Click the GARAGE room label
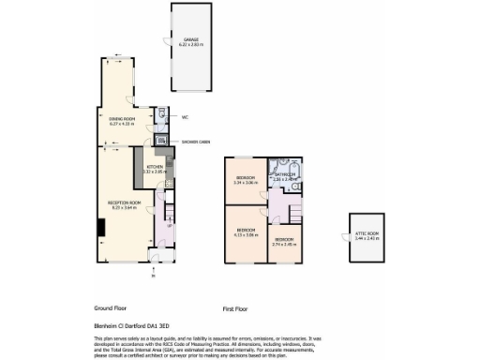[x=190, y=39]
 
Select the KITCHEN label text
[x=141, y=168]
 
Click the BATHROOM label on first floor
[x=284, y=173]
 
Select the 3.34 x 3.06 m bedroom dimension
[x=245, y=182]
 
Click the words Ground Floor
[x=110, y=307]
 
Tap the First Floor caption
[x=239, y=307]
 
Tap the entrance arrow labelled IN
[x=153, y=275]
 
